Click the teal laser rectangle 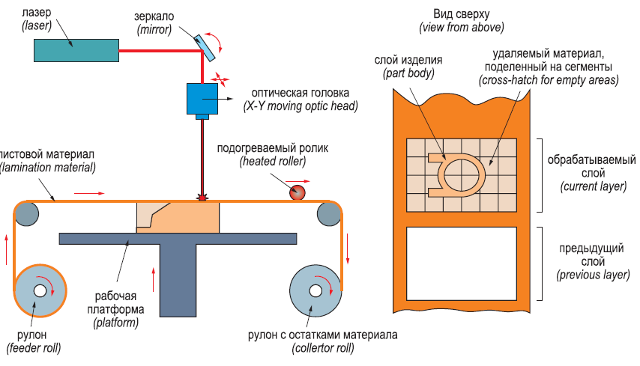pos(76,50)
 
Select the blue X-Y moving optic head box pos(202,97)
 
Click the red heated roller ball pos(299,192)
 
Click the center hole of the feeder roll pos(39,290)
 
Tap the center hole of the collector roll pos(316,290)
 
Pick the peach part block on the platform pos(180,218)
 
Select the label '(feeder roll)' pos(33,348)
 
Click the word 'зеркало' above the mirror pos(154,16)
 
